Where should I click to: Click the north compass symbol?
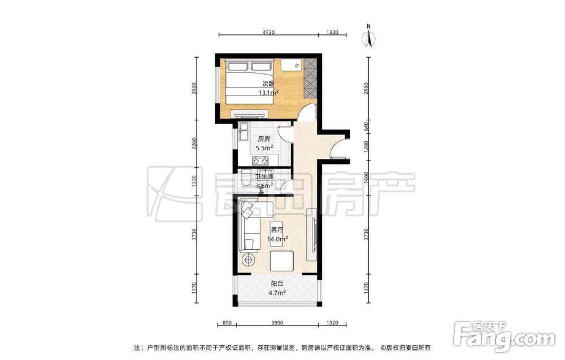[368, 36]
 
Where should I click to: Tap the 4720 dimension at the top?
[268, 32]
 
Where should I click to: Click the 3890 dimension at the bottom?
[277, 323]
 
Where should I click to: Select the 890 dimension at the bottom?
[227, 323]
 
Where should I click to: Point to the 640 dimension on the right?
[366, 127]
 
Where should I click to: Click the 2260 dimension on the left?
[194, 144]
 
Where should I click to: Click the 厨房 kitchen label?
[264, 138]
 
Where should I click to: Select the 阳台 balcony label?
[277, 284]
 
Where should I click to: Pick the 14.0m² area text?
[277, 238]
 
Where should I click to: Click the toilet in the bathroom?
[246, 177]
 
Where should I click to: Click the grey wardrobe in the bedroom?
[310, 77]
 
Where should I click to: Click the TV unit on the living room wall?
[311, 235]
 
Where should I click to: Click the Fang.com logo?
[504, 336]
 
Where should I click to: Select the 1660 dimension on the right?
[366, 177]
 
